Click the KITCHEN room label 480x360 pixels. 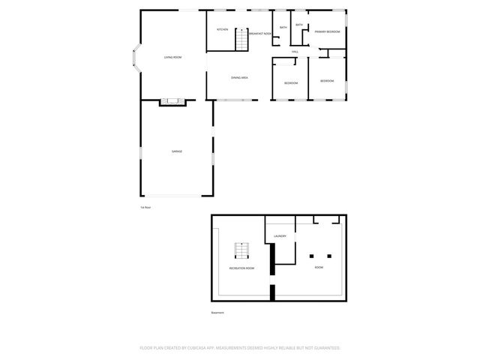coord(222,30)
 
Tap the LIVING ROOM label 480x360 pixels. coord(173,57)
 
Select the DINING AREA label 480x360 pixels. coord(239,78)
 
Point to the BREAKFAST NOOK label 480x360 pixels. coord(259,34)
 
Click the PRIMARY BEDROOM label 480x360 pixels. coord(327,31)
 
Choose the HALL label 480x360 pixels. coord(295,52)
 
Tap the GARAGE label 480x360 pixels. coord(176,151)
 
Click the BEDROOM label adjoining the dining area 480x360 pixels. coord(290,82)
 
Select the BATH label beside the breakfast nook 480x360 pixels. coord(283,28)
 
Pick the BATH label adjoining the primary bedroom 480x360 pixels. coord(299,25)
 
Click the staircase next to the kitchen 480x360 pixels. coord(241,39)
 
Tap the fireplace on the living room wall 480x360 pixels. coord(172,101)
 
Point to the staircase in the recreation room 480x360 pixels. coord(241,250)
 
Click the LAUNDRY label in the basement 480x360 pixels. coord(280,236)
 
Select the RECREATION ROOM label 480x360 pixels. coord(241,268)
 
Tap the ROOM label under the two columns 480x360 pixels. coord(319,268)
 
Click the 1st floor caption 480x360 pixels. coord(145,207)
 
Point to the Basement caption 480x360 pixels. coord(217,313)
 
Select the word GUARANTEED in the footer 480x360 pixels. coord(325,348)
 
